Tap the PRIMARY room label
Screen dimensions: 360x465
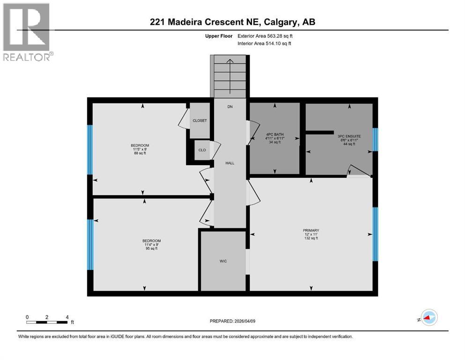pyautogui.click(x=311, y=230)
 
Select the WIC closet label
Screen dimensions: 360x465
pyautogui.click(x=223, y=261)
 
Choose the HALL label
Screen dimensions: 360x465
pyautogui.click(x=229, y=163)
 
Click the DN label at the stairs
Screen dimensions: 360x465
pyautogui.click(x=230, y=107)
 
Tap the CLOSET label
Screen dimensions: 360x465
pyautogui.click(x=199, y=120)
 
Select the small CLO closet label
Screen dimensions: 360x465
pyautogui.click(x=202, y=150)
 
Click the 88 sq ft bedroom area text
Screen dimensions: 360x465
pyautogui.click(x=140, y=153)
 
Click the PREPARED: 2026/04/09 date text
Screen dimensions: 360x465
pyautogui.click(x=232, y=321)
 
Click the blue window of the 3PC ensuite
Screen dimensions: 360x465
pyautogui.click(x=375, y=140)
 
